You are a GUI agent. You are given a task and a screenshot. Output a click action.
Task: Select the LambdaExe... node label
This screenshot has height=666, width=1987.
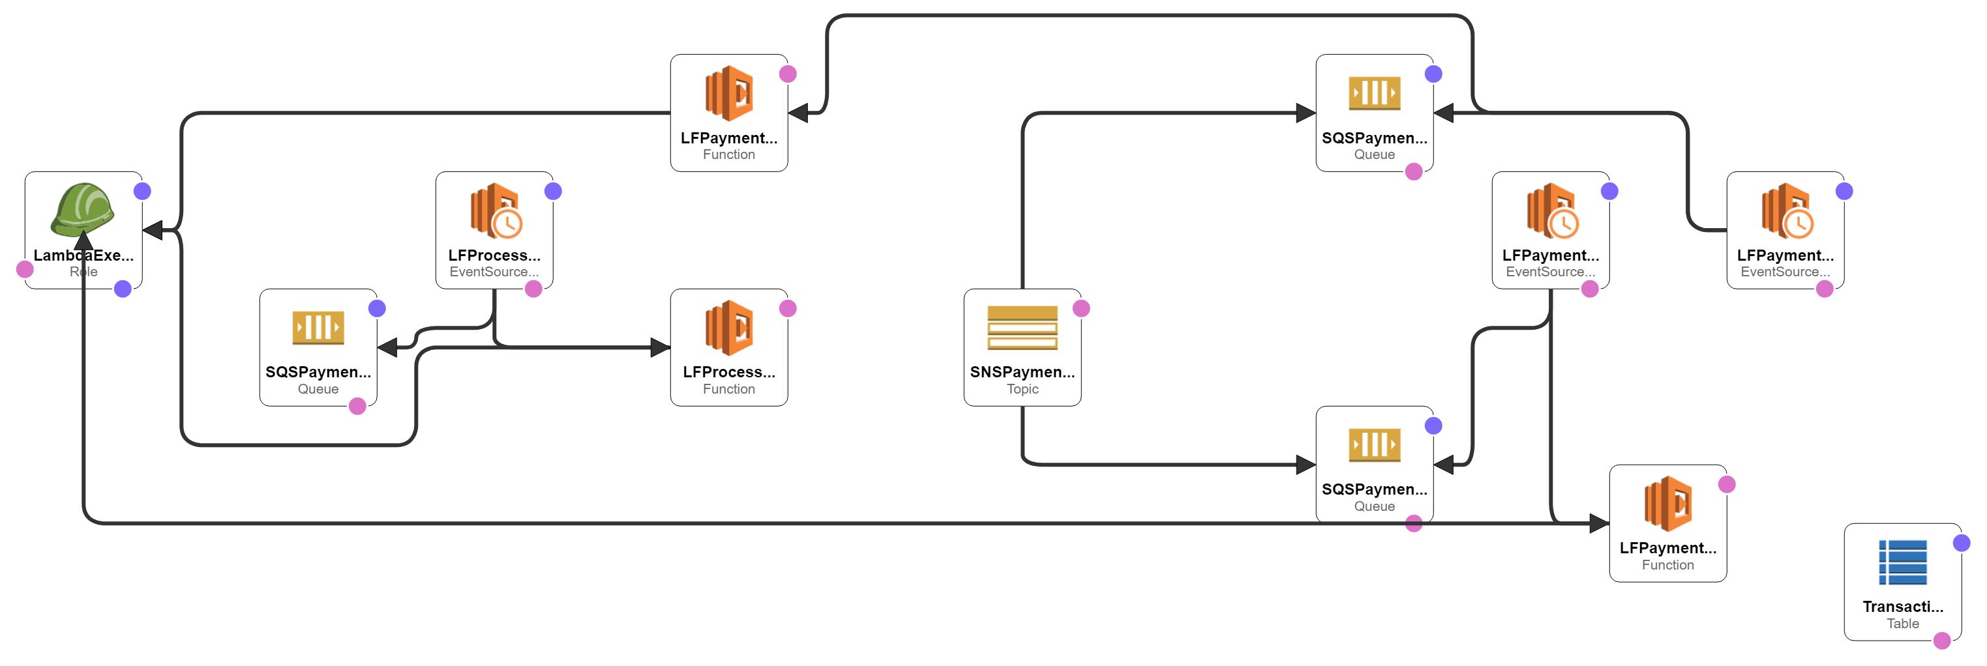coord(83,255)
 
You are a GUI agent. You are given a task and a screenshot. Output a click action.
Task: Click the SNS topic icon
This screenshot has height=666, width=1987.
coord(1022,328)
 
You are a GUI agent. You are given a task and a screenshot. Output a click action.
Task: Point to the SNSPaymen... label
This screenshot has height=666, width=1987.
coord(1022,372)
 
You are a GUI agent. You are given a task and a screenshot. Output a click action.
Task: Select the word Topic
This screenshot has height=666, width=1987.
coord(1022,389)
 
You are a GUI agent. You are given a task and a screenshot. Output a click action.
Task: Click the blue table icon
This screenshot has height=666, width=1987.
coord(1902,562)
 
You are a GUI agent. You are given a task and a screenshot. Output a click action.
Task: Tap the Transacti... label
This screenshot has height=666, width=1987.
coord(1902,607)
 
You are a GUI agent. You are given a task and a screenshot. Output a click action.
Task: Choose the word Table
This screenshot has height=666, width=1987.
coord(1902,624)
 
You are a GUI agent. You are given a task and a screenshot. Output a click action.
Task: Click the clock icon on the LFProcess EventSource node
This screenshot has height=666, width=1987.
coord(507,224)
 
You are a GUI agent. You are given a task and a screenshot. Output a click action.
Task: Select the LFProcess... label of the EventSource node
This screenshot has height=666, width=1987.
coord(494,255)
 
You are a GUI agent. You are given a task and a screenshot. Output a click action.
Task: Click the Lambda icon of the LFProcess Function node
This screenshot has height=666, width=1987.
coord(729,328)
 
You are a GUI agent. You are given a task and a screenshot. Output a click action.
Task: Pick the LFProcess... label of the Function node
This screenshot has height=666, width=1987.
coord(729,372)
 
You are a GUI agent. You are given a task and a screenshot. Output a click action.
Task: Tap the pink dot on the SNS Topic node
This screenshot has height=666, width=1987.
coord(1081,308)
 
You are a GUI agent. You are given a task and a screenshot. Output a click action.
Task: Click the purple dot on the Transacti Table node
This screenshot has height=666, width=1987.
coord(1962,543)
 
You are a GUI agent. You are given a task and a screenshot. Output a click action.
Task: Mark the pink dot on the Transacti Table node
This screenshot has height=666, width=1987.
coord(1942,641)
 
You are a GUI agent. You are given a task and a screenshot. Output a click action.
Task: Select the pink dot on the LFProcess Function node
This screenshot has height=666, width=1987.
coord(788,308)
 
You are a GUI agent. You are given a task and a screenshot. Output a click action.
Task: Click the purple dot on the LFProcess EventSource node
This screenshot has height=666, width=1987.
coord(553,191)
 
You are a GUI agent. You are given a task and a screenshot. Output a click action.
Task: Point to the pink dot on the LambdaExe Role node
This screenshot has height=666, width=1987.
coord(25,269)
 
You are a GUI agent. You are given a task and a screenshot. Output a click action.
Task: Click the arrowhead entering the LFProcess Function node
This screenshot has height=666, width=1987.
coord(661,347)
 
